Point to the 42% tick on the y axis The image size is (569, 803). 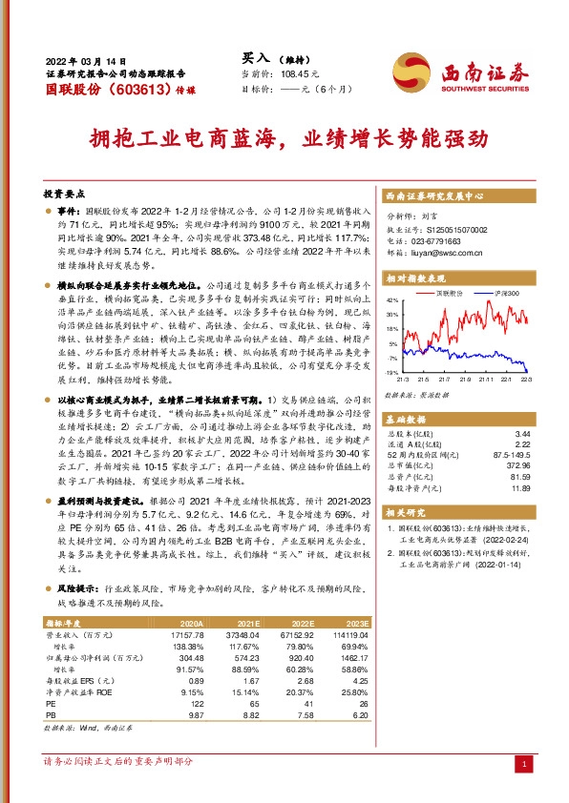[392, 301]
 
